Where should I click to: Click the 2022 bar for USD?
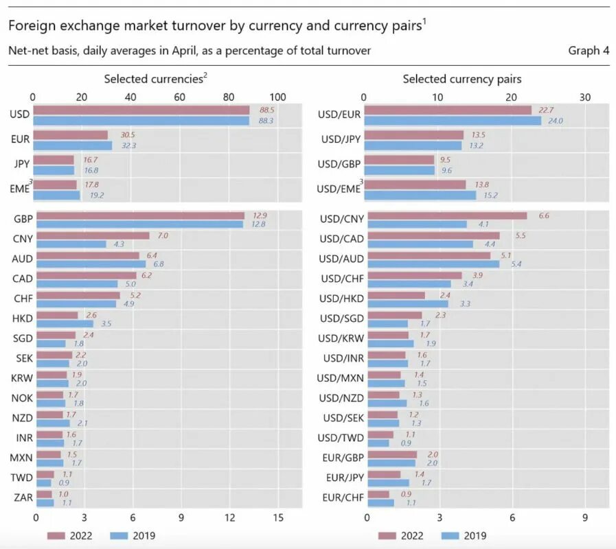141,110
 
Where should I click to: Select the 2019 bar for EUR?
72,145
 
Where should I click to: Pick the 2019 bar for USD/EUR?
452,121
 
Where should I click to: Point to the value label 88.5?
267,110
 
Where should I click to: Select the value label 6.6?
543,215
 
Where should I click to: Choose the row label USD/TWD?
341,437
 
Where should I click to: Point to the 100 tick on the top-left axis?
278,97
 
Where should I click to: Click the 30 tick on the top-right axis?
585,97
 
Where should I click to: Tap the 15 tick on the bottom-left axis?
278,518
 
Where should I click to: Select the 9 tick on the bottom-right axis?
585,518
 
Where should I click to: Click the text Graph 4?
589,51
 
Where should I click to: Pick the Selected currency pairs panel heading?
461,79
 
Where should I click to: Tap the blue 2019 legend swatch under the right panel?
449,536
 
